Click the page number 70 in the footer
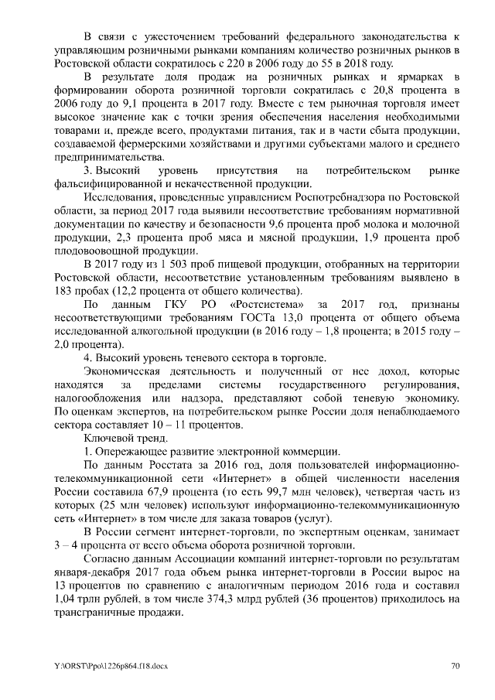coord(456,665)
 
